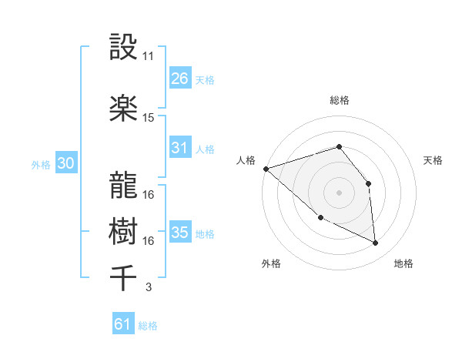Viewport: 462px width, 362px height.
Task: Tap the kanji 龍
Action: tap(124, 184)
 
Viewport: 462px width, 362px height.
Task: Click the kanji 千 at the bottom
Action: tap(124, 277)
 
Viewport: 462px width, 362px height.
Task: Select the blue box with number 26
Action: tap(180, 79)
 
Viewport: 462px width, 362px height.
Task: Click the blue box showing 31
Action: tap(180, 148)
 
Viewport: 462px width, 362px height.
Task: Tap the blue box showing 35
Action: tap(180, 233)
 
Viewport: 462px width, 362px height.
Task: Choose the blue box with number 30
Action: tap(65, 163)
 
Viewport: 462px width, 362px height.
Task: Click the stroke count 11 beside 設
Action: tap(149, 56)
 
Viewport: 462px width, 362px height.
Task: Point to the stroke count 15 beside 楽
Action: tap(149, 118)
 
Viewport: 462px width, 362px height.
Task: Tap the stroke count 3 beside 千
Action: tap(148, 287)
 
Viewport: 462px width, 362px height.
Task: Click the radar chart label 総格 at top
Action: tap(339, 100)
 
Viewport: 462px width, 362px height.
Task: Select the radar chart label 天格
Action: tap(433, 160)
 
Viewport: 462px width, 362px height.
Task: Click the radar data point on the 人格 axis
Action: tap(266, 169)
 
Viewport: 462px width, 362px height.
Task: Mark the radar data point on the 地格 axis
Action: tap(376, 243)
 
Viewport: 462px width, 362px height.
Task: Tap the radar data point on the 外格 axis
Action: tap(320, 218)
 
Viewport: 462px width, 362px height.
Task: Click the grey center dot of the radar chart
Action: tap(339, 193)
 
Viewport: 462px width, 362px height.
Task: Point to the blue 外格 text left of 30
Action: tap(40, 164)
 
